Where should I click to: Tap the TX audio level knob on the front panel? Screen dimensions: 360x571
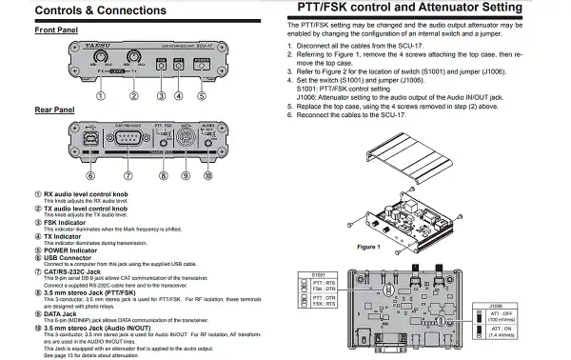(134, 58)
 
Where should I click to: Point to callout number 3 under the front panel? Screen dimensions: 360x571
(163, 95)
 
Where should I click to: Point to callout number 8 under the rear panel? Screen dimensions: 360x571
(163, 175)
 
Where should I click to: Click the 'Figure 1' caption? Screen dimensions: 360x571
(368, 245)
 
